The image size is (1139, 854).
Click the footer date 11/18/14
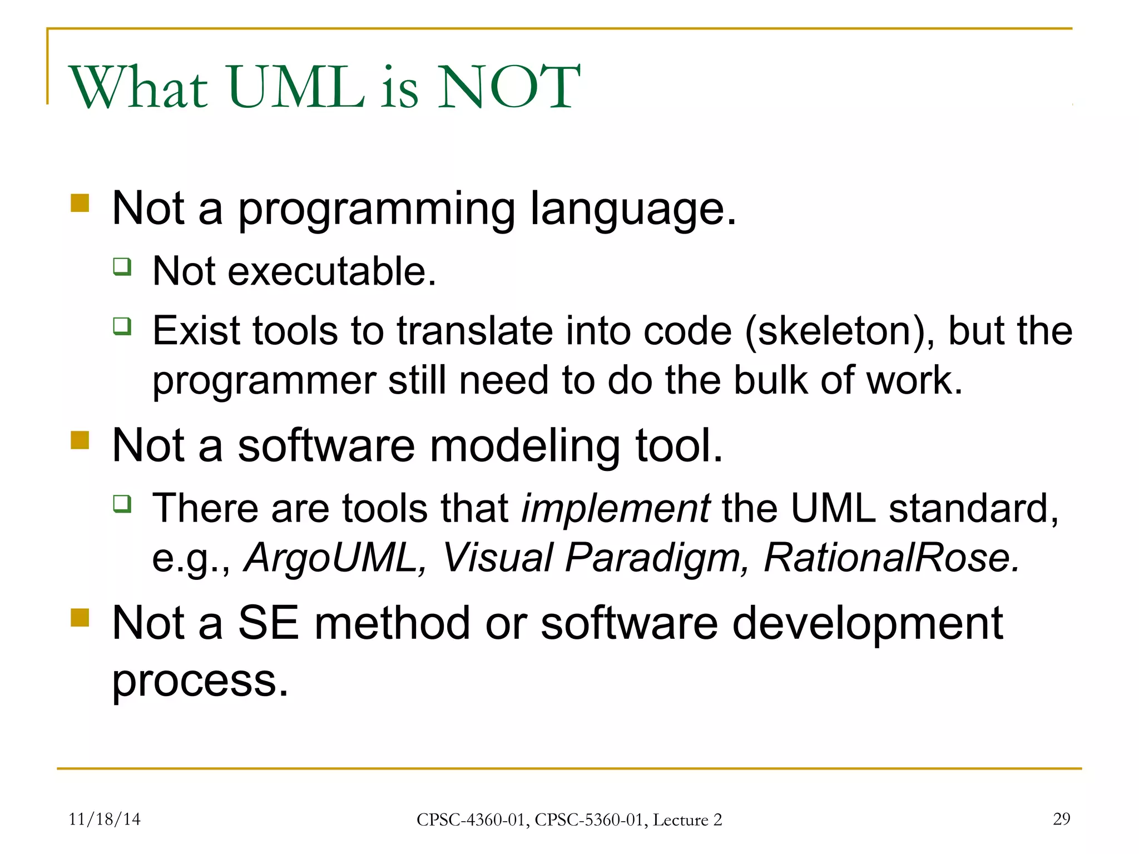[x=105, y=819]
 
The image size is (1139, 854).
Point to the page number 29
[x=1061, y=818]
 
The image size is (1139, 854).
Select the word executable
[x=331, y=271]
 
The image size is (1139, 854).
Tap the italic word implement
[x=615, y=509]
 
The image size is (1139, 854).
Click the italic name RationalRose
[x=891, y=558]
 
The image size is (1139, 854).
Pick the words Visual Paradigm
[x=595, y=558]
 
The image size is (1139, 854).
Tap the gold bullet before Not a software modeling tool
[x=80, y=440]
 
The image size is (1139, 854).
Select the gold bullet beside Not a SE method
[x=80, y=617]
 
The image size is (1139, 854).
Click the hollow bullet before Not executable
[x=122, y=266]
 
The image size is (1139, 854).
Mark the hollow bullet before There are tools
[x=122, y=504]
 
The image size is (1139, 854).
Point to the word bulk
[x=770, y=381]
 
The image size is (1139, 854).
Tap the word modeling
[x=524, y=446]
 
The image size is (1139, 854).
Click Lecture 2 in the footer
[x=687, y=820]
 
